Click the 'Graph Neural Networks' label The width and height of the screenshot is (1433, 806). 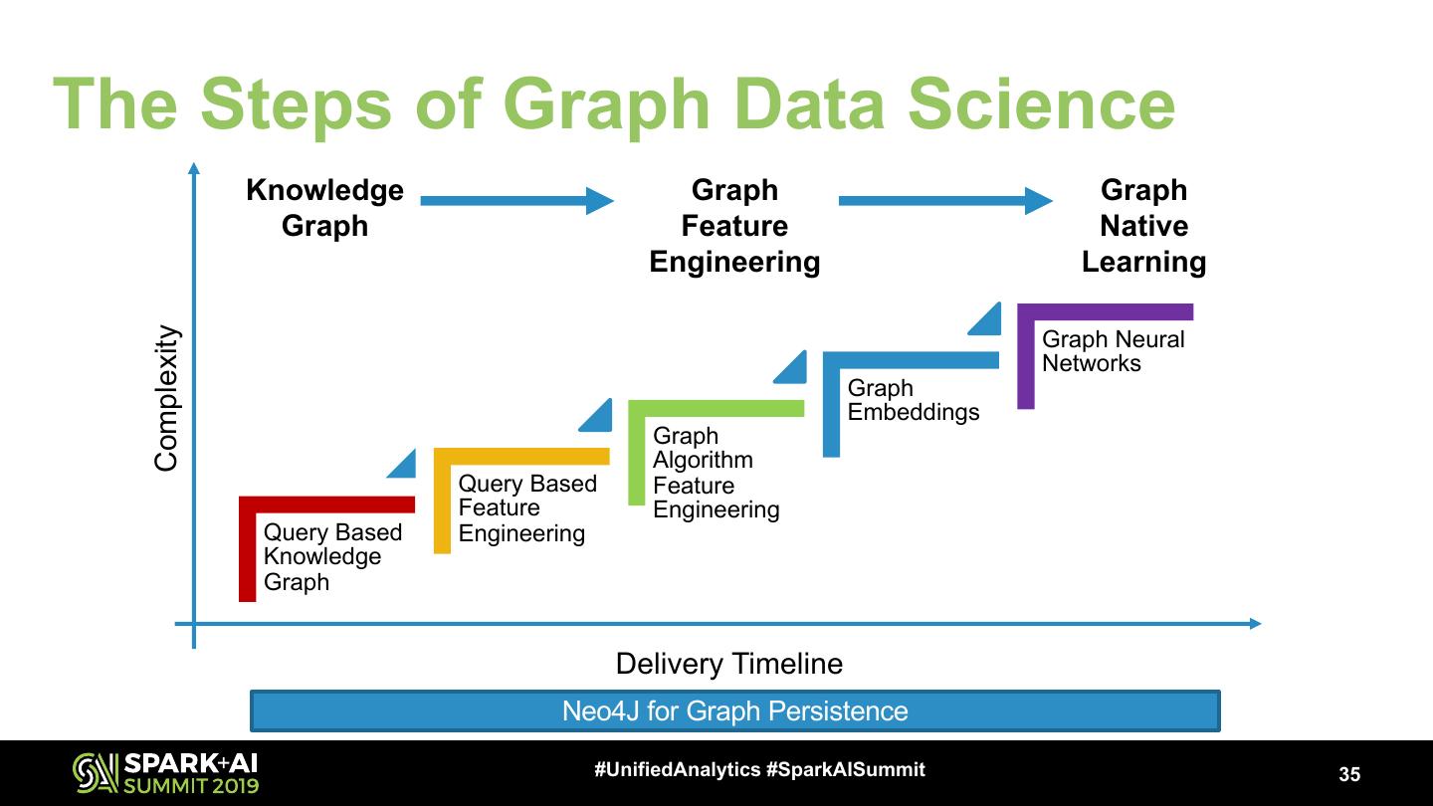pyautogui.click(x=1113, y=351)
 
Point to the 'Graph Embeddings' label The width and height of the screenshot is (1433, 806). pyautogui.click(x=913, y=400)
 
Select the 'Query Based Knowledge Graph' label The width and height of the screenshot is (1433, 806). pyautogui.click(x=332, y=557)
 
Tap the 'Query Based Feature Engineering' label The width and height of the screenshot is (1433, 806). pyautogui.click(x=527, y=508)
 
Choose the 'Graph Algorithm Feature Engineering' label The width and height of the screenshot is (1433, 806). pyautogui.click(x=716, y=473)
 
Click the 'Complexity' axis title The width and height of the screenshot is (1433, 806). pyautogui.click(x=166, y=398)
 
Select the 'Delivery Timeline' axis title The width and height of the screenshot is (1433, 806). pyautogui.click(x=728, y=664)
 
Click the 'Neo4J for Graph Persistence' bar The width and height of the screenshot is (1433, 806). pyautogui.click(x=734, y=711)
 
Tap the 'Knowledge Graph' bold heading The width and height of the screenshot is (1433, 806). pyautogui.click(x=324, y=208)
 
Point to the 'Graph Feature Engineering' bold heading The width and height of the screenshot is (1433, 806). pyautogui.click(x=734, y=226)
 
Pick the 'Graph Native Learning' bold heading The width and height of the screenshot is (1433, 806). pyautogui.click(x=1143, y=226)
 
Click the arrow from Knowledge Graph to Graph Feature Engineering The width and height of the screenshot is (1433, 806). pyautogui.click(x=516, y=201)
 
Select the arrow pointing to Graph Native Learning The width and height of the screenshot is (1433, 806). pyautogui.click(x=944, y=201)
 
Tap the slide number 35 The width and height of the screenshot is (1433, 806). pyautogui.click(x=1349, y=774)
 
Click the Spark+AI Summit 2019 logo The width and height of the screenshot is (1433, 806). pyautogui.click(x=165, y=773)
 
